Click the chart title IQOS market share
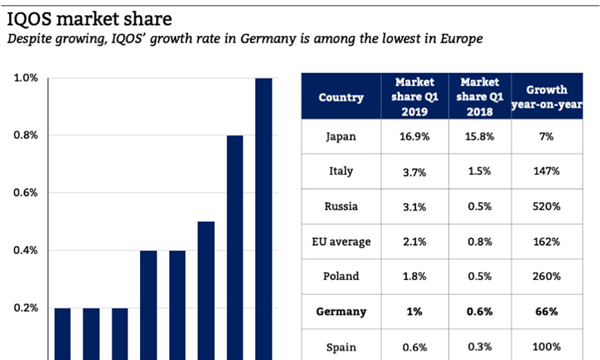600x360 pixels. [x=89, y=18]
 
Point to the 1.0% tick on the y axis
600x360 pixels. [x=26, y=79]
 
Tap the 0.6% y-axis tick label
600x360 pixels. [x=26, y=193]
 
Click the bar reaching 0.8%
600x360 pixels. [x=235, y=247]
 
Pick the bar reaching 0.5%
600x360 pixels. [x=206, y=290]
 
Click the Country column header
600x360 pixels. [x=341, y=97]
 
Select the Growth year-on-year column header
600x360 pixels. [x=547, y=97]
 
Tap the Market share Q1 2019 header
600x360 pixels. [x=415, y=97]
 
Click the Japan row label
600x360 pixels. [x=341, y=137]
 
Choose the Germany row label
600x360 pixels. [x=341, y=312]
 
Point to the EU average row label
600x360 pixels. [x=341, y=241]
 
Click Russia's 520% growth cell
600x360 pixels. [x=547, y=207]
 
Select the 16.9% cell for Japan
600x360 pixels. [x=415, y=137]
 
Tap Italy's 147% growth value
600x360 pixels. [x=547, y=171]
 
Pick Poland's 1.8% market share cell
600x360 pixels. [x=415, y=277]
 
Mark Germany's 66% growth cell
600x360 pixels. [x=547, y=312]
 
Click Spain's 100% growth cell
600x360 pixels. [x=547, y=347]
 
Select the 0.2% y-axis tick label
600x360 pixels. [x=26, y=309]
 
